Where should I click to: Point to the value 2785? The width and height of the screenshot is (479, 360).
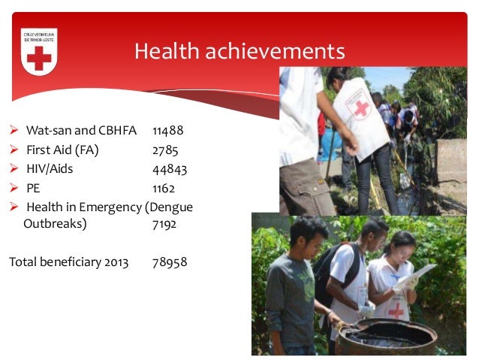[x=164, y=150]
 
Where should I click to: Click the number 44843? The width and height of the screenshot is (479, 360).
[x=169, y=168]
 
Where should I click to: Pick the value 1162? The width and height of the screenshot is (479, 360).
[x=163, y=188]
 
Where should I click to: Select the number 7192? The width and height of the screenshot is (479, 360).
[x=165, y=224]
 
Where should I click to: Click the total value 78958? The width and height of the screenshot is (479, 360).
[x=169, y=262]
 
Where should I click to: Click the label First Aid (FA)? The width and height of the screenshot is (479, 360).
[x=62, y=150]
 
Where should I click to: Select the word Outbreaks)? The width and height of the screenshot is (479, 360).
[x=55, y=224]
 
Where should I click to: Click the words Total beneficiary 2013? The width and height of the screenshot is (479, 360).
[x=68, y=262]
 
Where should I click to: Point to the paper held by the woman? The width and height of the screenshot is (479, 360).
[x=417, y=275]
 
